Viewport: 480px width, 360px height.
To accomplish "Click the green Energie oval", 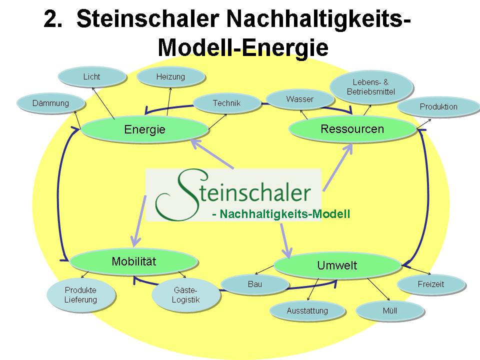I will pyautogui.click(x=144, y=129).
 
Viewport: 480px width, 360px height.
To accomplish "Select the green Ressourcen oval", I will pyautogui.click(x=352, y=129).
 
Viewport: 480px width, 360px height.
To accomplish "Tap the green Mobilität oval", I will pyautogui.click(x=134, y=261).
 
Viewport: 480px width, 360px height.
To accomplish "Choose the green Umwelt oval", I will pyautogui.click(x=337, y=265).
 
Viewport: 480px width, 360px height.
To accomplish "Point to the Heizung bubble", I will pyautogui.click(x=170, y=77).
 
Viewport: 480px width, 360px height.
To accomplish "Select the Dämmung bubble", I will pyautogui.click(x=50, y=103).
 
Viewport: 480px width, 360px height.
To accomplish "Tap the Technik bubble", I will pyautogui.click(x=226, y=103).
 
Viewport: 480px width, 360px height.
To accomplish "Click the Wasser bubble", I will pyautogui.click(x=299, y=99).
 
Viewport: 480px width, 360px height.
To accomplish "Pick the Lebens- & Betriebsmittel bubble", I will pyautogui.click(x=371, y=86).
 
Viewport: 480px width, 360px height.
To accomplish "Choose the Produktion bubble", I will pyautogui.click(x=438, y=106).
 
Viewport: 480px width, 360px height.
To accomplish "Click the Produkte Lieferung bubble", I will pyautogui.click(x=80, y=295).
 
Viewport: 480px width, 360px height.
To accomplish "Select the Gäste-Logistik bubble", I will pyautogui.click(x=186, y=295).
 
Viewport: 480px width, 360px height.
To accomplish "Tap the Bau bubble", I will pyautogui.click(x=254, y=284).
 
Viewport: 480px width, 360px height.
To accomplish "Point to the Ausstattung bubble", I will pyautogui.click(x=307, y=310).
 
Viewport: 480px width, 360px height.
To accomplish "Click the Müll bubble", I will pyautogui.click(x=389, y=310).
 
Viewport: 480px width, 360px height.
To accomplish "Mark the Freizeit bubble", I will pyautogui.click(x=430, y=284).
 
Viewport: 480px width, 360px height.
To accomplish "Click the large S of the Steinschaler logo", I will pyautogui.click(x=172, y=195).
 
